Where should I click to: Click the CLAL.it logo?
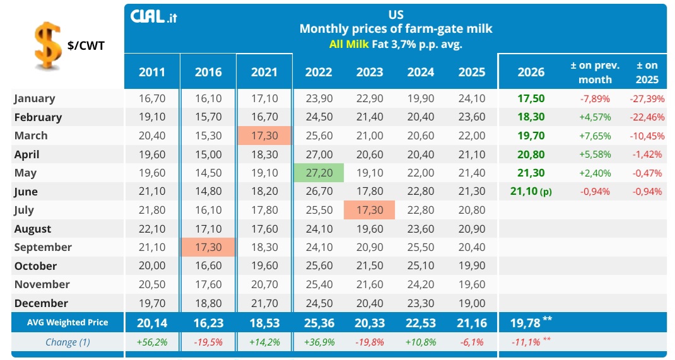coord(154,17)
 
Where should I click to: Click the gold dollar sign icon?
coord(47,45)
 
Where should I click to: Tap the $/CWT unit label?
coord(86,45)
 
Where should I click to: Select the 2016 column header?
coord(208,72)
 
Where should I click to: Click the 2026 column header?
coord(531,72)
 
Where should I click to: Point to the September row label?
coord(43,247)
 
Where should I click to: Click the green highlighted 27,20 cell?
coord(319,173)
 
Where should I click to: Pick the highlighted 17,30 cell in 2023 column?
coord(369,210)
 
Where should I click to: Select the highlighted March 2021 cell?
coord(264,136)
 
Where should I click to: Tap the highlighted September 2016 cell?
coord(208,247)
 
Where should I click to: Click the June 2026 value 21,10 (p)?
coord(531,192)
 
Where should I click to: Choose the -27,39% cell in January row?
coord(647,98)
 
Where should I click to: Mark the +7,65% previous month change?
coord(595,136)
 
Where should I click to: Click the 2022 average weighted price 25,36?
coord(319,323)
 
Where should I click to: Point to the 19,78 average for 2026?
coord(525,323)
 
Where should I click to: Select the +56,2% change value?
coord(152,342)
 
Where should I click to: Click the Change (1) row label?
coord(67,342)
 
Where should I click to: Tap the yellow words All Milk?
coord(349,44)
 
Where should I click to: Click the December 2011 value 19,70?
coord(152,303)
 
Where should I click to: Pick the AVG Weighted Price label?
coord(67,323)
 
